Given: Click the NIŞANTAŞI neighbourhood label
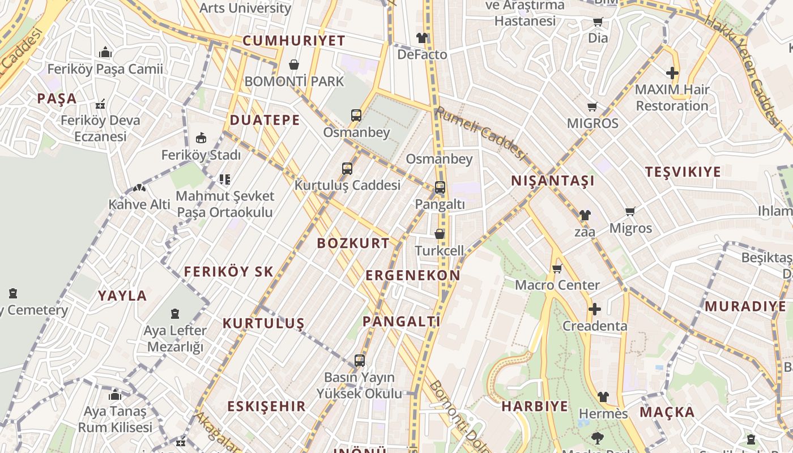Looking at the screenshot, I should pos(553,181).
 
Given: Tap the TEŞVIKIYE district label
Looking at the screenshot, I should pos(683,172).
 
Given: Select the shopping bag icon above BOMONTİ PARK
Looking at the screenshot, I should pos(294,65).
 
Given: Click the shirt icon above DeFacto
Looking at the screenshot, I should pos(422,38).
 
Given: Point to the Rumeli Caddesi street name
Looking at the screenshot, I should pos(480,134).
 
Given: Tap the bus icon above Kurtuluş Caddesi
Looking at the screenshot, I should pos(347,169).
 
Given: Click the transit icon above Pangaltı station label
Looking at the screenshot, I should pos(440,187).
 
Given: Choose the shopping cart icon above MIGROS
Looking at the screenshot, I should pos(592,106).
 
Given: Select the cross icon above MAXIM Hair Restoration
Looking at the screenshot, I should pos(672,73).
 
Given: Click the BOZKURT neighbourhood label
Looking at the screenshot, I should pos(353,243).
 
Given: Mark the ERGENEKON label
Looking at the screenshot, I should pos(413,276).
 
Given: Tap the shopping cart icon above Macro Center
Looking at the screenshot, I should pos(557,268).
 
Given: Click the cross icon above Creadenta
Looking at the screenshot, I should pos(594,309).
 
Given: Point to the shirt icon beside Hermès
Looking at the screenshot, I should pos(603,397).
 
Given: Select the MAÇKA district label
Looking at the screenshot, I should pos(667,412).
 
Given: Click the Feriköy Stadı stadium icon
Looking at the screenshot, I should pos(201,138).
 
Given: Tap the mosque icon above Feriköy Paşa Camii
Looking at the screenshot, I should pos(105,53).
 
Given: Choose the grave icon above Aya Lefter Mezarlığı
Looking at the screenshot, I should pos(175,314).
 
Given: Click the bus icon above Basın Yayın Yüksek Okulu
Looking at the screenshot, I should pos(359,360).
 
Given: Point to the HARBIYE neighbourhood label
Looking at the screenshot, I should pos(535,407).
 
